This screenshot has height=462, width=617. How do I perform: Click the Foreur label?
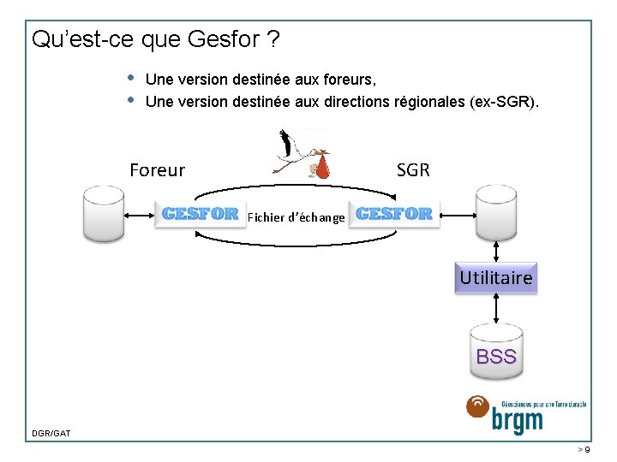[157, 170]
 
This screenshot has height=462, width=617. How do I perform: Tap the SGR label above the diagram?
[413, 170]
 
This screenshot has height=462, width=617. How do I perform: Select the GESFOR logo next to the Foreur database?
[200, 214]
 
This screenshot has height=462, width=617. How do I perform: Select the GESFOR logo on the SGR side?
[394, 213]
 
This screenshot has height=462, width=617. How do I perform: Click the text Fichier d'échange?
[296, 217]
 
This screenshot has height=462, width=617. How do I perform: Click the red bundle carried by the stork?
[322, 168]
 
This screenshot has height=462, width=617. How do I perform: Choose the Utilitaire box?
[496, 278]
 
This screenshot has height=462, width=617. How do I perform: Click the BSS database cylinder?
[496, 352]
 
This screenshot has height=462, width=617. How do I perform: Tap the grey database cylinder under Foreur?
[103, 216]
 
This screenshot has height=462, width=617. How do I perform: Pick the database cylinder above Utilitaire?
[496, 215]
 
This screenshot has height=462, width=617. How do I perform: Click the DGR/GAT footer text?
[51, 434]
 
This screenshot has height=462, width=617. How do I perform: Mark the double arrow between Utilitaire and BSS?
[496, 310]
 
